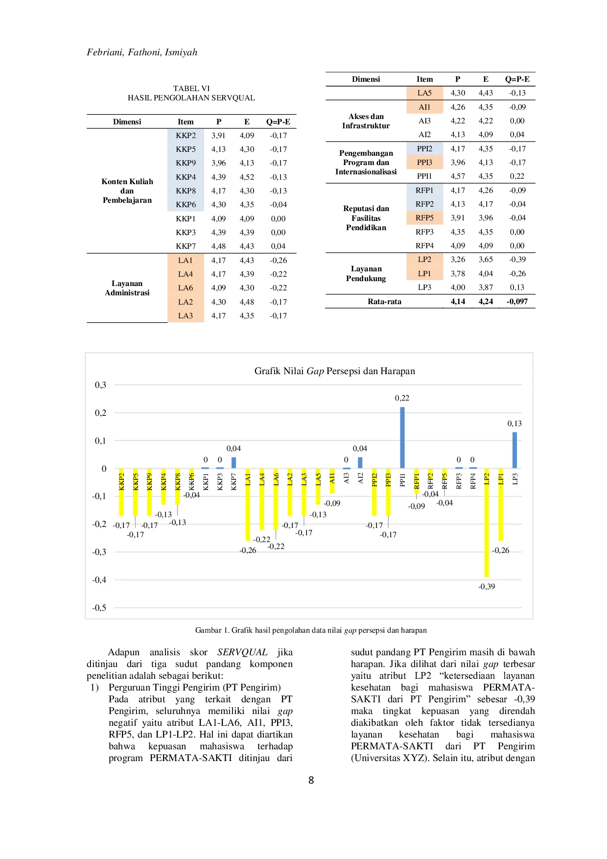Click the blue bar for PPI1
[402, 437]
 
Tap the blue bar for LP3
[514, 450]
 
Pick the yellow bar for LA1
[248, 504]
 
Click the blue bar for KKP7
[233, 463]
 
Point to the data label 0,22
[402, 398]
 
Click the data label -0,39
[487, 586]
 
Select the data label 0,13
[514, 424]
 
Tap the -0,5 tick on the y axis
[99, 608]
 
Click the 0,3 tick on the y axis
[100, 385]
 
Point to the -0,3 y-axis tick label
[99, 552]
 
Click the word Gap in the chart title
[315, 371]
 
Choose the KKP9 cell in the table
[186, 163]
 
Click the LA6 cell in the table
[186, 288]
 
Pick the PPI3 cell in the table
[424, 163]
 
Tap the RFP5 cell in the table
[424, 218]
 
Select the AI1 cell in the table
[424, 107]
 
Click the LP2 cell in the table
[424, 260]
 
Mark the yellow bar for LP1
[501, 504]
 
